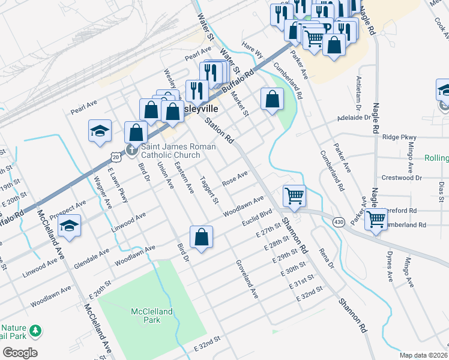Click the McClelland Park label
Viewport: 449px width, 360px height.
tap(152, 316)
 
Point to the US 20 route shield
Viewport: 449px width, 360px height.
tap(114, 157)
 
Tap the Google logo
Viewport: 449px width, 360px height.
tap(19, 353)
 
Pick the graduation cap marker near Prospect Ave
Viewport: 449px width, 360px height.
tap(70, 226)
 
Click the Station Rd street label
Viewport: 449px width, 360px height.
tap(219, 130)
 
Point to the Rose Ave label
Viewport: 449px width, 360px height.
tap(235, 178)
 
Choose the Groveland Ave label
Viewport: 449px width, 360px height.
tap(247, 280)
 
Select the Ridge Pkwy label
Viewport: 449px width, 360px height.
tap(400, 137)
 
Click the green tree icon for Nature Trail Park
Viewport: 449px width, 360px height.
tap(36, 331)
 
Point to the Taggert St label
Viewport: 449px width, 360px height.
tap(209, 190)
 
